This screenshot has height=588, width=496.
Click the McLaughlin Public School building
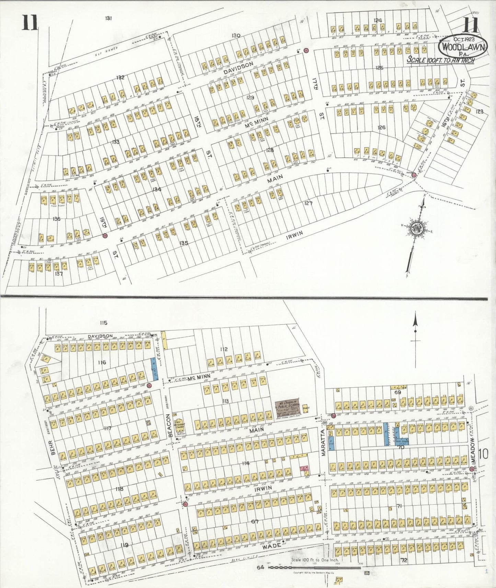click(288, 408)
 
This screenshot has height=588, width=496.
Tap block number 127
click(308, 203)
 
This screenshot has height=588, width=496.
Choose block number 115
click(103, 323)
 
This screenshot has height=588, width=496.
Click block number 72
click(404, 560)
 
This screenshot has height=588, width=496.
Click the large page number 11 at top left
click(31, 24)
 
